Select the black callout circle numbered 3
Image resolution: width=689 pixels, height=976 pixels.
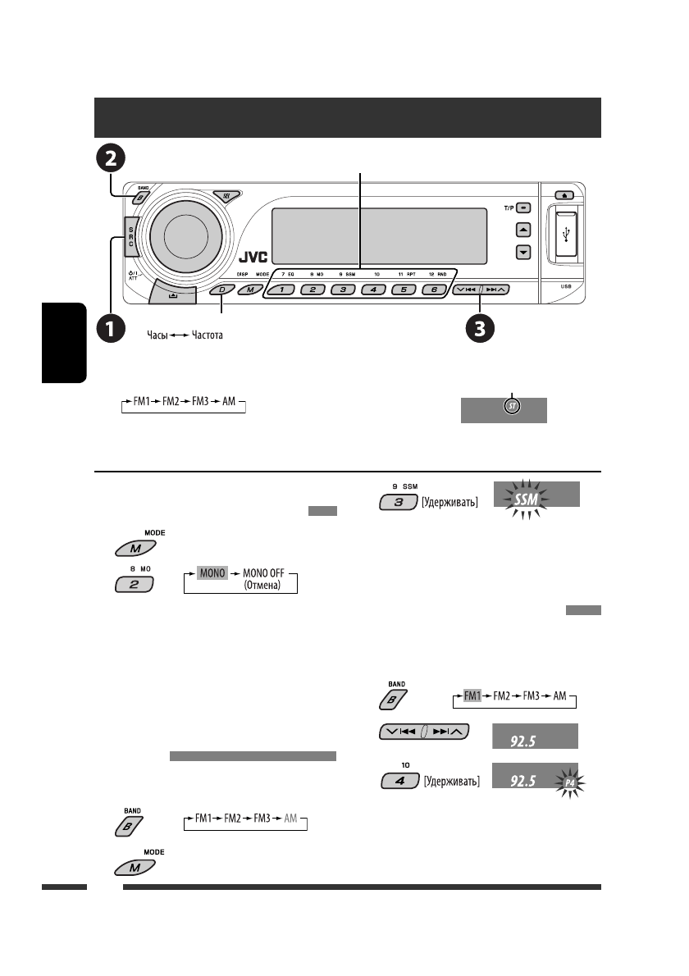[x=479, y=330]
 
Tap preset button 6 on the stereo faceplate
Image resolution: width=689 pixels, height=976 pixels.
[x=434, y=290]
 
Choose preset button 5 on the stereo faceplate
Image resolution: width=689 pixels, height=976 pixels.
[x=402, y=290]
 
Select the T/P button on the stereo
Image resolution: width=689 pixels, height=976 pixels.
[x=523, y=208]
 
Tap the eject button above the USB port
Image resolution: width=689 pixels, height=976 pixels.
[x=566, y=195]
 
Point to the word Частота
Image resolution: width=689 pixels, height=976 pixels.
[x=207, y=335]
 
